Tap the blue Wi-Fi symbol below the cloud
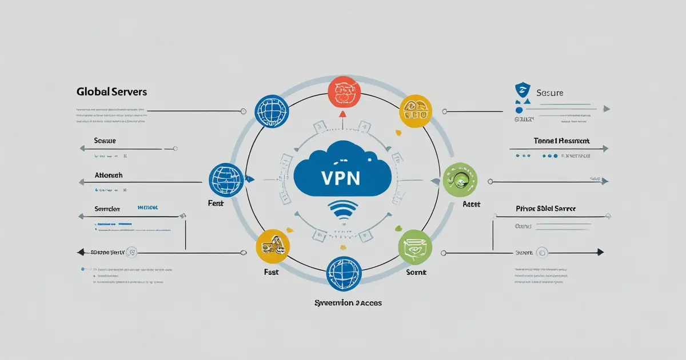[343, 211]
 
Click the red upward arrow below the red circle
[342, 114]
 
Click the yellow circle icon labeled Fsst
[273, 246]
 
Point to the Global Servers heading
[111, 91]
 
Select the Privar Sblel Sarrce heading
[545, 209]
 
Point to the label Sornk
[416, 273]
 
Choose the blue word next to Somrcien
[147, 209]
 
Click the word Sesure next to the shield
[549, 92]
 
